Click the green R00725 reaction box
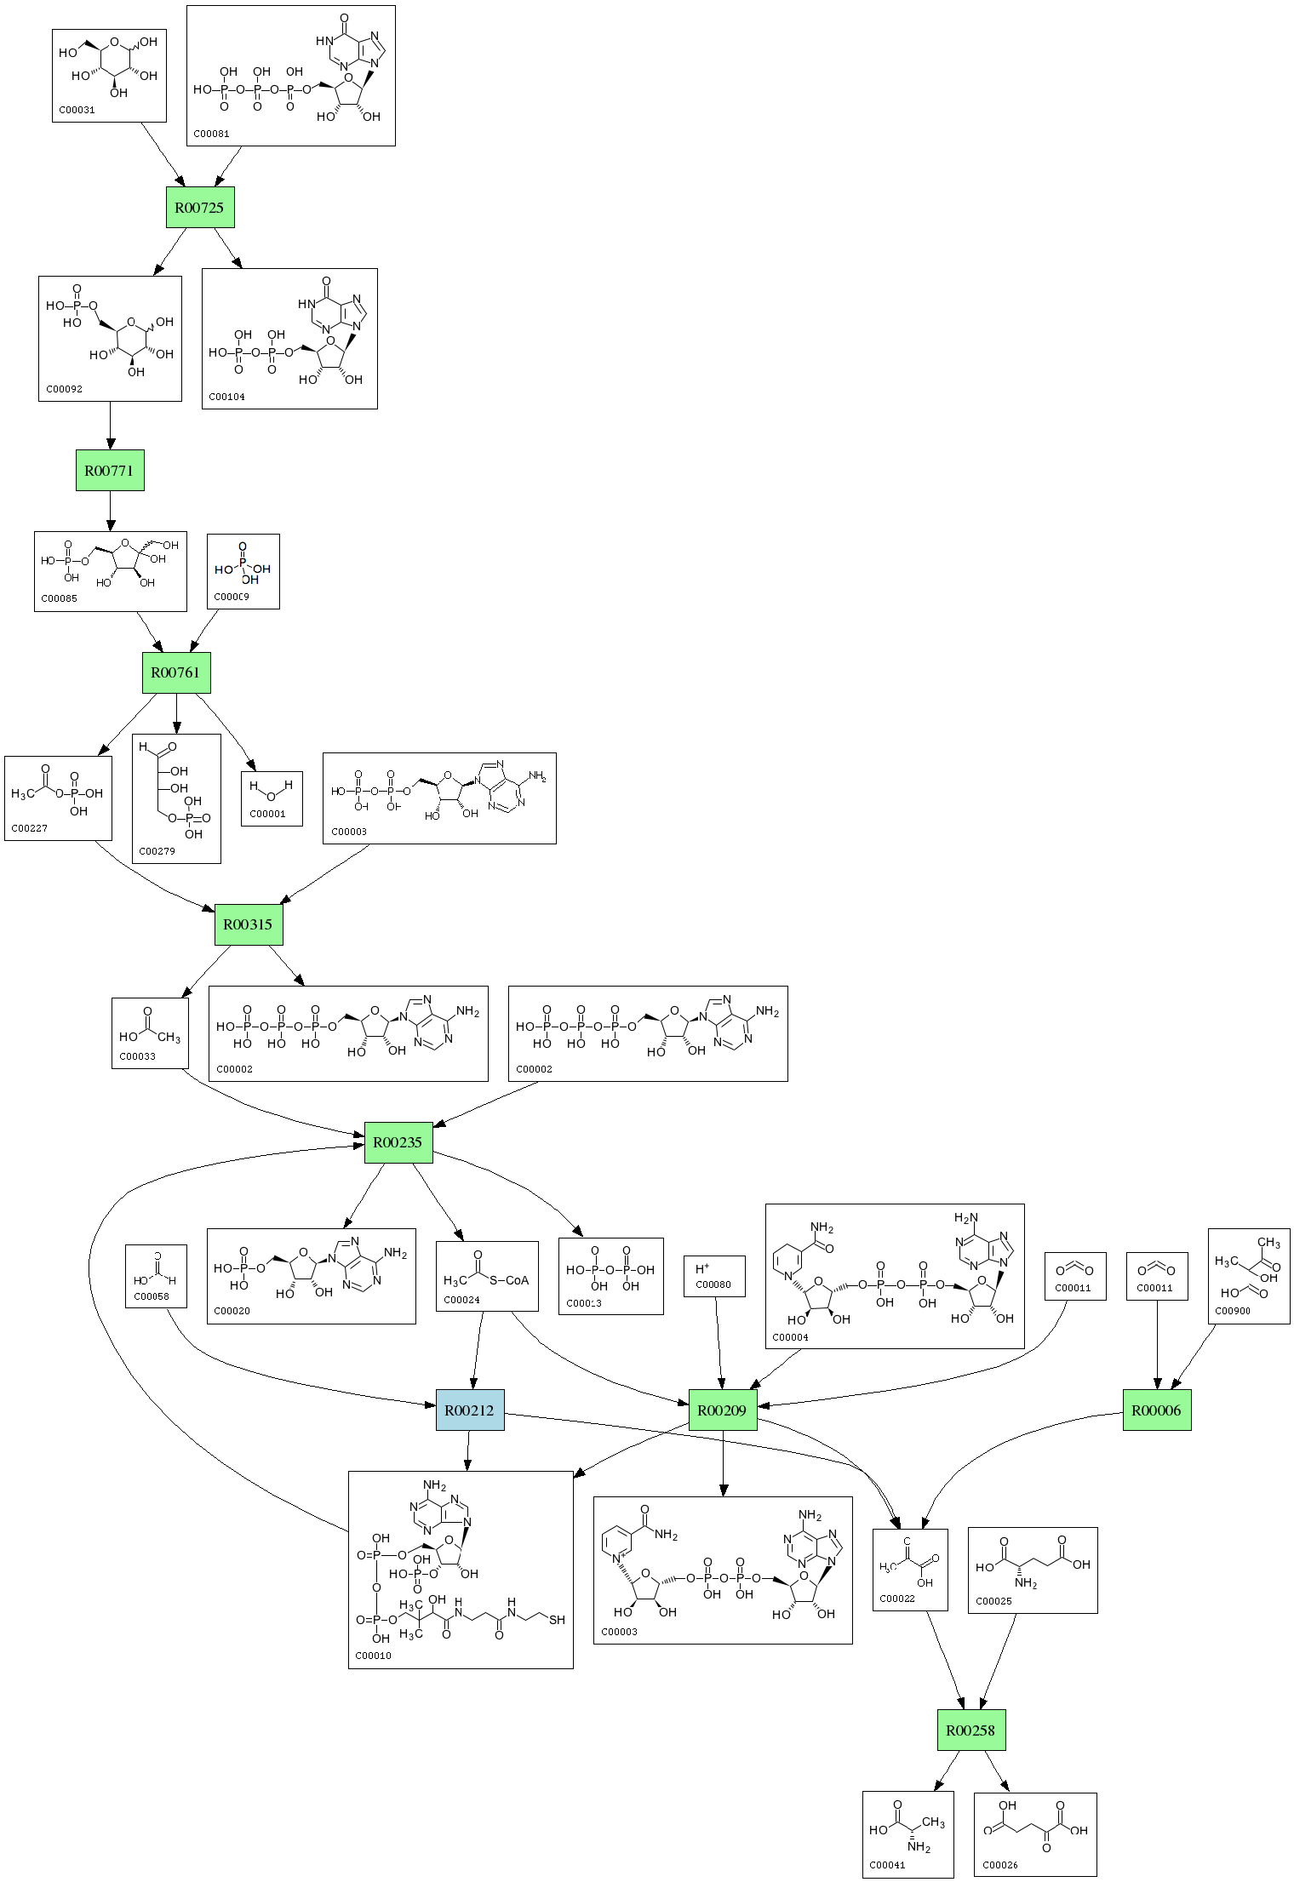(x=200, y=207)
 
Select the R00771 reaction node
(x=110, y=470)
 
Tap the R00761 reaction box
(x=175, y=672)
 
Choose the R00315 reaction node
(x=248, y=924)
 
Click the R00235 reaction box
(x=398, y=1142)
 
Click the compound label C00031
(x=77, y=110)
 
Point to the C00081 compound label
(x=211, y=134)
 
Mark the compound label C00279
(x=157, y=850)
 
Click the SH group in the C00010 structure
(x=557, y=1620)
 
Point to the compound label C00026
(x=1000, y=1865)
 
